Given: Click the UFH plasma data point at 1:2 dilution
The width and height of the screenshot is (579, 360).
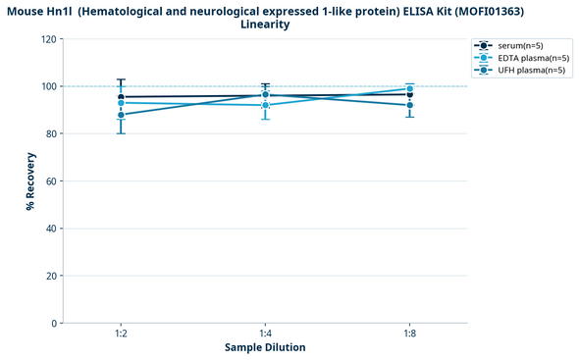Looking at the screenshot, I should [121, 115].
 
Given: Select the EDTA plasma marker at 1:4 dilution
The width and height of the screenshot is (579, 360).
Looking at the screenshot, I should [265, 105].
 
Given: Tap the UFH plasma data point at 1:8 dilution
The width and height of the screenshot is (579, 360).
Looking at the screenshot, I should [409, 105].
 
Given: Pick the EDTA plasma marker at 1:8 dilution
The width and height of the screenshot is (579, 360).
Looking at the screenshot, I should [409, 89].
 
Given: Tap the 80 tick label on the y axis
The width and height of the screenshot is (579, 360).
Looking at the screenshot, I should [49, 133].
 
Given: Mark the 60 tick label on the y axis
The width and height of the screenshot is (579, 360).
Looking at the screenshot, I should [49, 181].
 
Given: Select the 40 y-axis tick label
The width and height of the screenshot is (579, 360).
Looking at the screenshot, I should [49, 229].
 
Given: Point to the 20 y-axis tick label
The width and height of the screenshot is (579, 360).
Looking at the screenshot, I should [49, 276].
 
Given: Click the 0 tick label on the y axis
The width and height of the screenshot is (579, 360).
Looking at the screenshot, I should [52, 323].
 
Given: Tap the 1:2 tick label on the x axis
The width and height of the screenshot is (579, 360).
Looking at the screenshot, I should [121, 334].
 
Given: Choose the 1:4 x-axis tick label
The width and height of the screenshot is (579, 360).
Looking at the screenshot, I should [265, 334].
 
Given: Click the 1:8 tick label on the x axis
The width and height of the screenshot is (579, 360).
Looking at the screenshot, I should [409, 334].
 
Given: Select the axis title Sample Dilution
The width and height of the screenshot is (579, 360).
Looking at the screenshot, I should [265, 348].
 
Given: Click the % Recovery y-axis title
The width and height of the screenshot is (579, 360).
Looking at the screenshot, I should [30, 181].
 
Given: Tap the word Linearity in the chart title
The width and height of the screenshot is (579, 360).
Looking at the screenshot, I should [265, 24].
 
